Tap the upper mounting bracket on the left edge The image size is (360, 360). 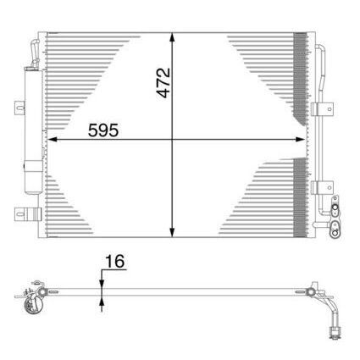19,108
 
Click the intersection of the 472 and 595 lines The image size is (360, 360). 173,139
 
